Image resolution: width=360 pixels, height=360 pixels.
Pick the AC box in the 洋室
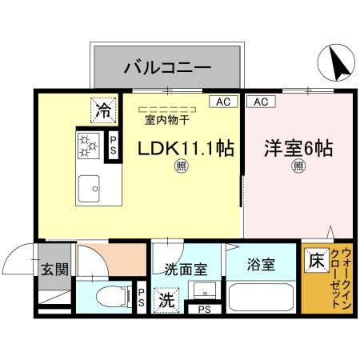click(x=259, y=102)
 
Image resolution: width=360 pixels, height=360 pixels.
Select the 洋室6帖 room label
click(x=298, y=149)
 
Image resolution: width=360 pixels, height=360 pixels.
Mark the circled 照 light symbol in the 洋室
click(x=298, y=167)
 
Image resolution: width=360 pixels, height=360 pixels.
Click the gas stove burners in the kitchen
click(x=86, y=146)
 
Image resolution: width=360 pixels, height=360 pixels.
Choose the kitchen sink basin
click(x=87, y=190)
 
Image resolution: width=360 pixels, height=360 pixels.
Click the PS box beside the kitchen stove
click(x=114, y=146)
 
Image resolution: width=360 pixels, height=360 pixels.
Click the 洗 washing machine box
click(x=166, y=302)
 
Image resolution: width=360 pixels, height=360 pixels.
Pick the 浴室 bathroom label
click(x=262, y=265)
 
